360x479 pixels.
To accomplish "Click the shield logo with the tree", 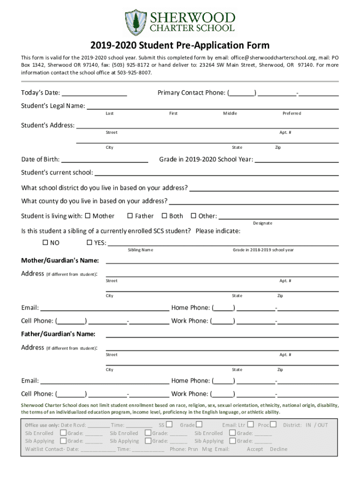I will click(x=136, y=22).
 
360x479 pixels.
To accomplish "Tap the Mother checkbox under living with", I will click(x=87, y=216).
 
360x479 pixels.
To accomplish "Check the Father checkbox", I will click(x=130, y=216).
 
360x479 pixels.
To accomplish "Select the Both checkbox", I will click(x=164, y=216).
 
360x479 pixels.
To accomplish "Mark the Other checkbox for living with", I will click(x=194, y=216).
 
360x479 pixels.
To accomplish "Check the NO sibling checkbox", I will click(x=45, y=243).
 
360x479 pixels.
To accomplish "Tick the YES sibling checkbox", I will click(x=89, y=243).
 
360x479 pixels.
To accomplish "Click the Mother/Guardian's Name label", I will click(x=60, y=260).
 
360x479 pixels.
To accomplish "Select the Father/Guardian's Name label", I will click(x=58, y=334).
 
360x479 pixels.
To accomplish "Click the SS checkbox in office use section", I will click(x=169, y=425).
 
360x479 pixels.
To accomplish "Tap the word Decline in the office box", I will click(x=279, y=449).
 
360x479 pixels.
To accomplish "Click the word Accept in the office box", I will click(x=255, y=449).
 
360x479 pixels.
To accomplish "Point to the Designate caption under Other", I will click(x=263, y=223).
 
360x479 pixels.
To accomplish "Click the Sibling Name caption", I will click(x=140, y=250).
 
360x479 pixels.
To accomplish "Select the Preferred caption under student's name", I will click(x=292, y=113).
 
